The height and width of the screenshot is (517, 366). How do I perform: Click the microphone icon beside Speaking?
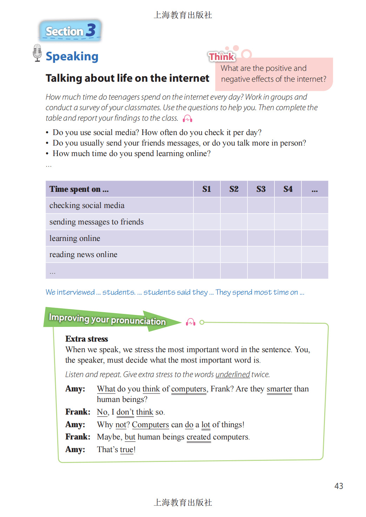pos(37,53)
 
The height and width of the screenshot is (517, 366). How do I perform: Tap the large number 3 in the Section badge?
pos(91,30)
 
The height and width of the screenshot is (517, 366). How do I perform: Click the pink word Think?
pos(221,56)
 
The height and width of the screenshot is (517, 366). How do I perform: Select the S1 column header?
pos(207,189)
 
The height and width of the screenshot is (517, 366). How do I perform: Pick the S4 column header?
pos(288,189)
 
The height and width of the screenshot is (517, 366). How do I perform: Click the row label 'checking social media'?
pos(87,206)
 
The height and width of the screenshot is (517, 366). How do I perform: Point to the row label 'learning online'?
pos(75,239)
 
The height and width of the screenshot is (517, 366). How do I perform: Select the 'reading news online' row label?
pos(84,255)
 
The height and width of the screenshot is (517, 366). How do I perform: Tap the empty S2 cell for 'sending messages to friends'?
pos(234,222)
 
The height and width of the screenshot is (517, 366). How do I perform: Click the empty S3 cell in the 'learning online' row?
pos(261,238)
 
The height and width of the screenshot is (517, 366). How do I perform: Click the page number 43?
pos(339,486)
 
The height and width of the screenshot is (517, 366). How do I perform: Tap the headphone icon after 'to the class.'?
pos(188,119)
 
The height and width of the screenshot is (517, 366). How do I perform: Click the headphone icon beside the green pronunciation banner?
pos(191,322)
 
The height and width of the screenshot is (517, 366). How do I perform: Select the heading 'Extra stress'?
pos(87,339)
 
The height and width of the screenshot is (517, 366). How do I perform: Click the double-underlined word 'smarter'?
pos(279,389)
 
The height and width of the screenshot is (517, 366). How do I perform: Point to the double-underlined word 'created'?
pos(199,437)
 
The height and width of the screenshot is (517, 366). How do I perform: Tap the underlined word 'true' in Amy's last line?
pos(127,450)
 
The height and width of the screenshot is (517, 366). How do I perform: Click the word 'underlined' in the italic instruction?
pos(233,375)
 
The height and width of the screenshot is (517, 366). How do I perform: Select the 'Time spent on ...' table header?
pos(79,189)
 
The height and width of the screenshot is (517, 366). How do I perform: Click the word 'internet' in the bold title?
pos(189,78)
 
